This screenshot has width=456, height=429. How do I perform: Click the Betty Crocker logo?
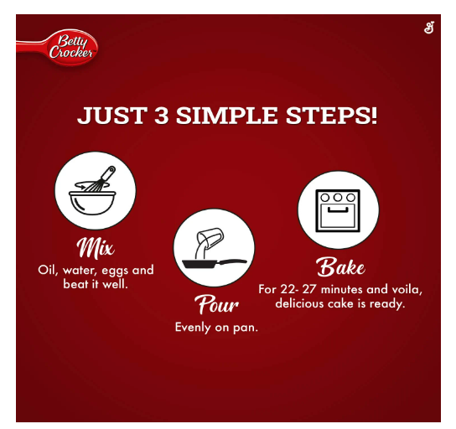coord(58,48)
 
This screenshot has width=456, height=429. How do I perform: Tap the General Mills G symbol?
coord(429,28)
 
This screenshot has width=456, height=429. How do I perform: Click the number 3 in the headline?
coord(162,116)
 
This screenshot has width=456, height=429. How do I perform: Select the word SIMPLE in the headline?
coord(227,116)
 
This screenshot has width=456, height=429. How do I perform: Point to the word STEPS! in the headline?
coord(331,116)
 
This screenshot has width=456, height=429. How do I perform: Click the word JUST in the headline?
coord(112,116)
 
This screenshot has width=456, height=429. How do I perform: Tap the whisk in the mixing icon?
coord(100,178)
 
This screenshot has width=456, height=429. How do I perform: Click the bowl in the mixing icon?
coord(92,203)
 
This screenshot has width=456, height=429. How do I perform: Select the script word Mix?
coord(96,248)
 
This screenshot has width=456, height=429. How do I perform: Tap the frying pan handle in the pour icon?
coord(233,261)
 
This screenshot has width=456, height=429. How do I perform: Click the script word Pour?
coord(216,304)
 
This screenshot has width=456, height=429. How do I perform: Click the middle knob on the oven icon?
coord(338,198)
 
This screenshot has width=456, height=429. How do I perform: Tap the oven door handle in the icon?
coord(338,210)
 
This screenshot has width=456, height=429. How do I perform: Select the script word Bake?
coord(340,266)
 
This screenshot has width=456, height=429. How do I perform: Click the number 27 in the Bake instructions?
coord(308,289)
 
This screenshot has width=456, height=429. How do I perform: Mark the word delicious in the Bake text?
coord(299,303)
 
